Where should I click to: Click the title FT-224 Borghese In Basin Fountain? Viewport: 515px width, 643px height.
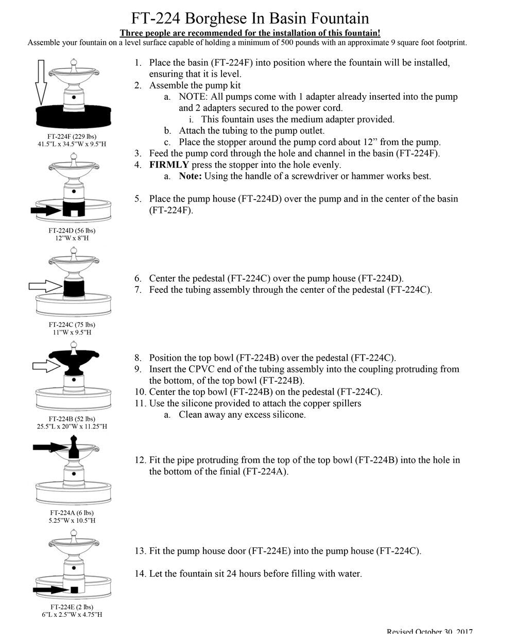point(250,19)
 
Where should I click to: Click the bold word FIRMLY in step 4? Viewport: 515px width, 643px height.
point(169,165)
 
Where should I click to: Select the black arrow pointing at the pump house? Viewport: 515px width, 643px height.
point(45,210)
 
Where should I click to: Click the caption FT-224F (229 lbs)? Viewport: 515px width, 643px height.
point(73,136)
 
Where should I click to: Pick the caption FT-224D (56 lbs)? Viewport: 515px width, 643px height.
point(72,230)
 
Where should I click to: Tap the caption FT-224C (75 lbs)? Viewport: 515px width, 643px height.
point(72,325)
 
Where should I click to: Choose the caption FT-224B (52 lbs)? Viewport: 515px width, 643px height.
point(72,419)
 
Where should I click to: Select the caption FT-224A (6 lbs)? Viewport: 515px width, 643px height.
point(72,513)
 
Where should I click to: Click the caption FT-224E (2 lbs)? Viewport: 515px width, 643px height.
point(72,607)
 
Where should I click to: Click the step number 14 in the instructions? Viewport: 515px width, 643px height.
point(140,574)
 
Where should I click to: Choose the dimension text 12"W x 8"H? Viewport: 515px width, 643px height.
point(72,238)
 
